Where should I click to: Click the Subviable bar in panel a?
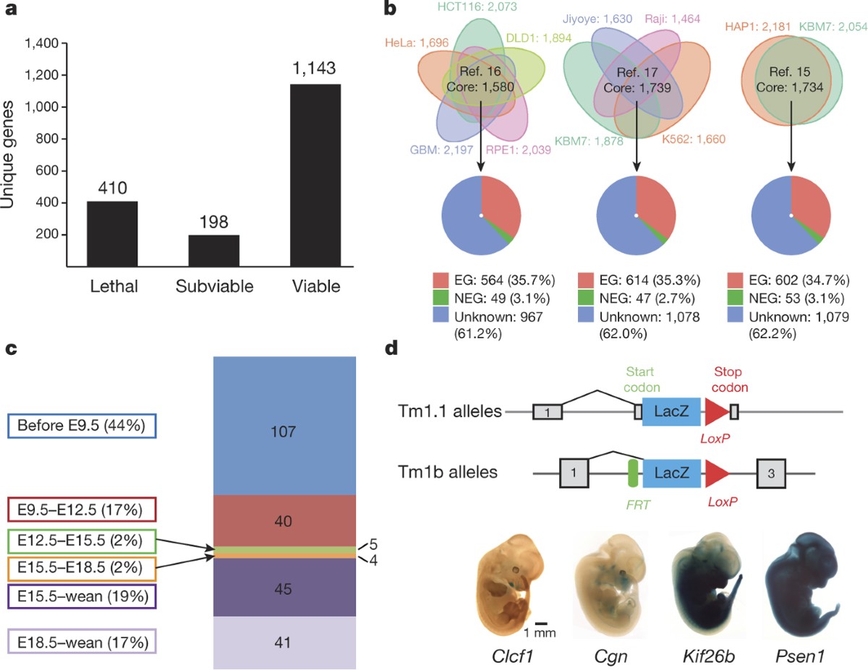213,250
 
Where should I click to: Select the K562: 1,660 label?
693,139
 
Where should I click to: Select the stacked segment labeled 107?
284,431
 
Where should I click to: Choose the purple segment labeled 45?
284,588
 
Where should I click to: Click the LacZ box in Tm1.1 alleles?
671,411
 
